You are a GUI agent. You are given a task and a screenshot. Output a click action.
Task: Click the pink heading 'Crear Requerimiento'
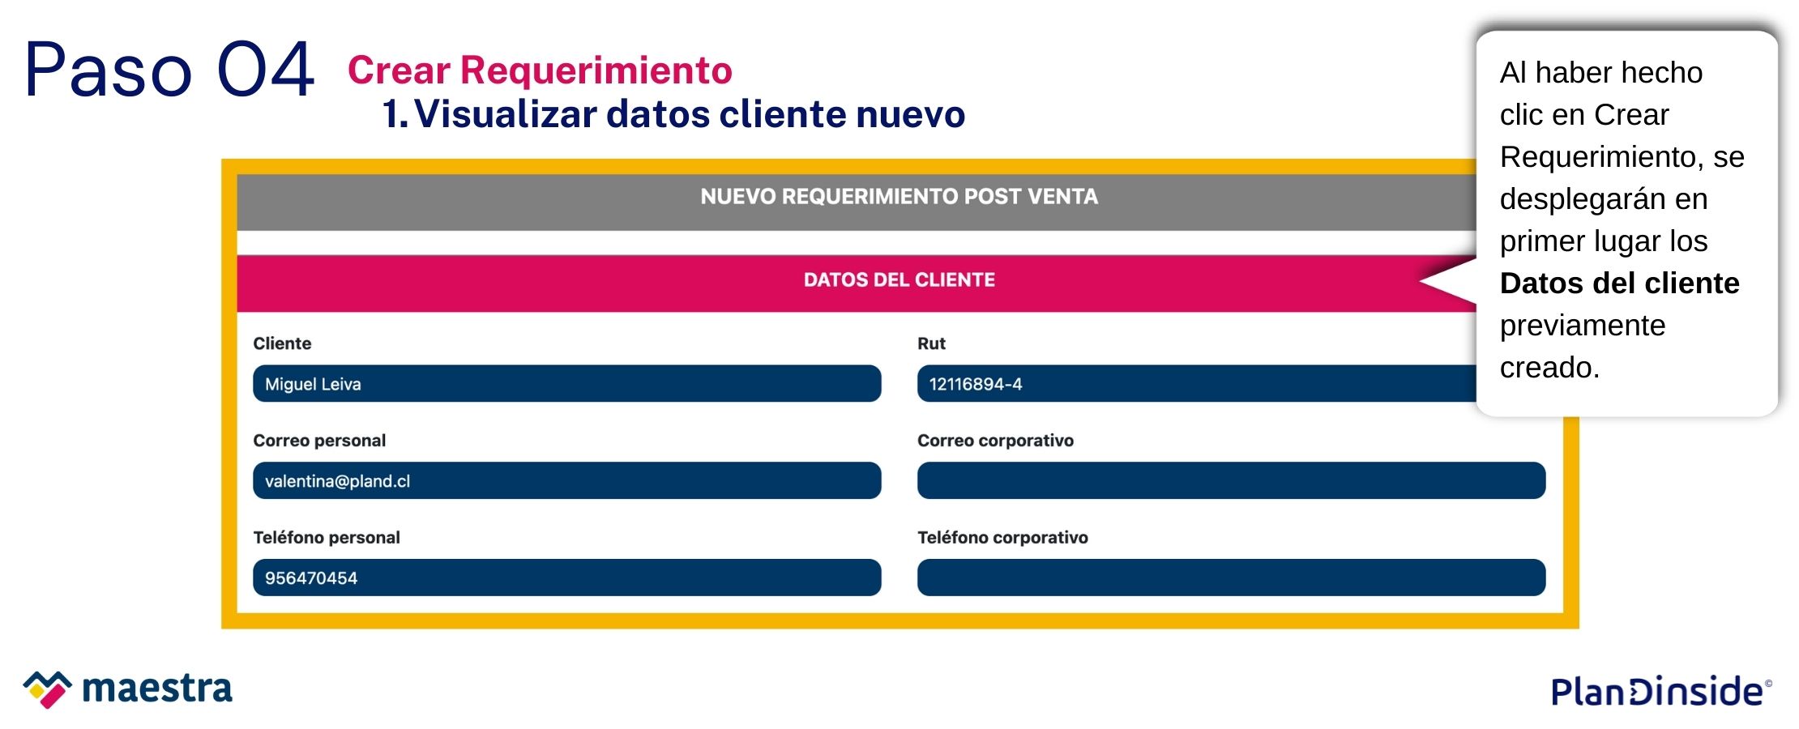(x=540, y=70)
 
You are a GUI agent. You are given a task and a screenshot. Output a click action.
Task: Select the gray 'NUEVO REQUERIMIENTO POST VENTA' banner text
(x=899, y=197)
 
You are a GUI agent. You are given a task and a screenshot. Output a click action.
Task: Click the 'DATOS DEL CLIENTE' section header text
(x=899, y=280)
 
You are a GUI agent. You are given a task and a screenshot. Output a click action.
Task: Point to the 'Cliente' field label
(x=282, y=343)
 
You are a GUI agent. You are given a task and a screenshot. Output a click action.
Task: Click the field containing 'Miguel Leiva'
(x=566, y=383)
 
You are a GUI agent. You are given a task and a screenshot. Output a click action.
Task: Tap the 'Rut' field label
(x=931, y=343)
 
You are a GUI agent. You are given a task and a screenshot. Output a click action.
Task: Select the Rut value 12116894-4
(x=976, y=384)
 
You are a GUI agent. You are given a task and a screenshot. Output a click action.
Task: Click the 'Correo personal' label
(x=319, y=441)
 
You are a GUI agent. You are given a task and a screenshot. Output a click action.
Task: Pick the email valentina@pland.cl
(x=337, y=481)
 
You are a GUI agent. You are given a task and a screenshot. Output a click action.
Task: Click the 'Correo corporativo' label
(x=995, y=441)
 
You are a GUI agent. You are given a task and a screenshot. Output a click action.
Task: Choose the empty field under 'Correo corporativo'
(x=1231, y=480)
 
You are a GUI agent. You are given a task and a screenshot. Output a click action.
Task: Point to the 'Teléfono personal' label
(x=327, y=538)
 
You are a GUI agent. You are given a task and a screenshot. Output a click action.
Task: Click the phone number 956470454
(x=311, y=578)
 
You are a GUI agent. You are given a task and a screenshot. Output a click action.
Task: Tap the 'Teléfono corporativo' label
(x=1002, y=538)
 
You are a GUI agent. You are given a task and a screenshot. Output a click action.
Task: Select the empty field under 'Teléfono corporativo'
(x=1231, y=578)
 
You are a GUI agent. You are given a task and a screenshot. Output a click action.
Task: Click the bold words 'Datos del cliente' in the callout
(x=1619, y=283)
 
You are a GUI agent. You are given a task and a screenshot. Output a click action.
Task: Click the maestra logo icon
(x=47, y=689)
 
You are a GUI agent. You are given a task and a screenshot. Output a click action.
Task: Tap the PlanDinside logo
(x=1660, y=691)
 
